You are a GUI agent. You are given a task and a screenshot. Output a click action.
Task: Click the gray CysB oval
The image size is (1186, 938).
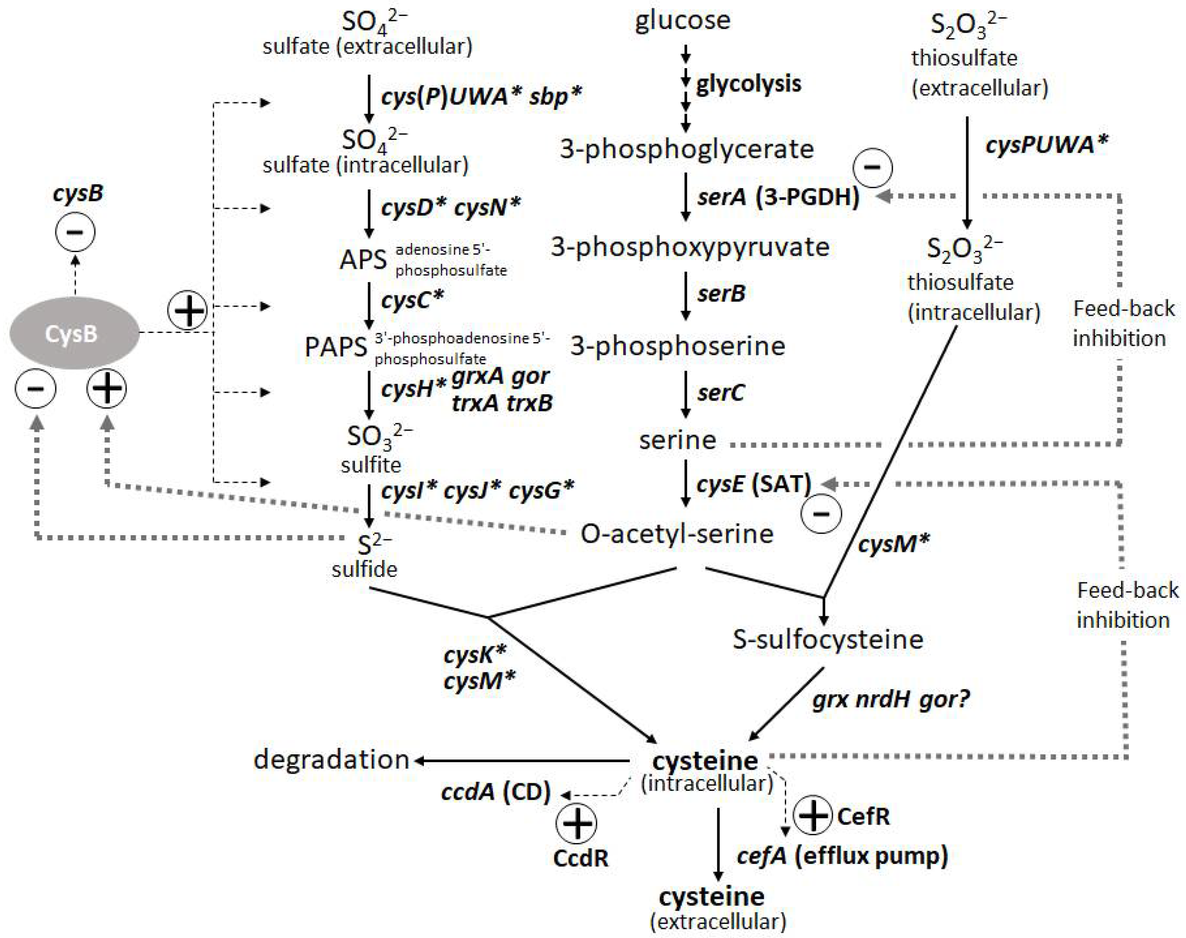[x=74, y=333]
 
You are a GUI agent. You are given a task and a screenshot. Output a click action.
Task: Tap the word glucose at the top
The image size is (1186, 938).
[x=682, y=21]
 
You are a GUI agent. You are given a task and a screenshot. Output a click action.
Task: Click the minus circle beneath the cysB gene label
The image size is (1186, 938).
[x=75, y=232]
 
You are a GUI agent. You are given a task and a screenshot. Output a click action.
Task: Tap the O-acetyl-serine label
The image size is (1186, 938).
[x=677, y=534]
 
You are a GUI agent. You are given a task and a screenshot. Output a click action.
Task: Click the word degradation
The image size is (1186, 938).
[x=331, y=760]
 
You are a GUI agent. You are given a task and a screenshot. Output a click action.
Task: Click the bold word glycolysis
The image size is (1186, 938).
[x=748, y=84]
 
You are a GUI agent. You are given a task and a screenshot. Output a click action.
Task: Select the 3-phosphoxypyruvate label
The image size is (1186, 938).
[x=690, y=247]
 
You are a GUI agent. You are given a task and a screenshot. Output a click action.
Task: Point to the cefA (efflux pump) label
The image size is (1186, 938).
[x=842, y=856]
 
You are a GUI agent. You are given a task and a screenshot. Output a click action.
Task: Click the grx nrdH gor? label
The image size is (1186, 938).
[x=891, y=700]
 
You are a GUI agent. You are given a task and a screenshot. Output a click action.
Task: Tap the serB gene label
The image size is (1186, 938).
[x=721, y=294]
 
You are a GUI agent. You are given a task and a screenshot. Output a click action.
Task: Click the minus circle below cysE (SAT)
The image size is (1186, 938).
[x=821, y=513]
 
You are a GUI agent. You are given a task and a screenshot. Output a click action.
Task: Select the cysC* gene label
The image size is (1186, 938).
[x=412, y=299]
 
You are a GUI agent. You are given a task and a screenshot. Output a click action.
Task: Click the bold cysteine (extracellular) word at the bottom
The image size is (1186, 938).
[x=711, y=897]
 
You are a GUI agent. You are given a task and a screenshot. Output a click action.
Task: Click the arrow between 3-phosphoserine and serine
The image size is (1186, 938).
[x=685, y=394]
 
